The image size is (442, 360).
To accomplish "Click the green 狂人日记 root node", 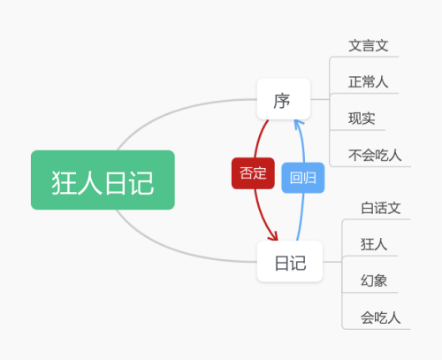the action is coord(103,180).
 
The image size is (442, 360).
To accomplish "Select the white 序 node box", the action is coord(284,99).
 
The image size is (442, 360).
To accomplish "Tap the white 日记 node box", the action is coord(290,262).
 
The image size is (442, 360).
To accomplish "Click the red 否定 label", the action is coord(253,173).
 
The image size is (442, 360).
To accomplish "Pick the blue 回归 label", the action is coord(303,178).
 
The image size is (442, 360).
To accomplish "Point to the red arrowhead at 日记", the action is coord(274,236).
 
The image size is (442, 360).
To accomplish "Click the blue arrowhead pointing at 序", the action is coord(299,124).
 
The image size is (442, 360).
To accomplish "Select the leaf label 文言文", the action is coord(369,46).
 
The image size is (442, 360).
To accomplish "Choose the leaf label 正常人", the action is coord(369,81).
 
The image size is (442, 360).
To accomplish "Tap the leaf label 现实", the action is coord(362,119).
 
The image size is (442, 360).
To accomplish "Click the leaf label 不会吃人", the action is coord(375,155).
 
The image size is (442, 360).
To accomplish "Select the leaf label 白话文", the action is coord(381,208).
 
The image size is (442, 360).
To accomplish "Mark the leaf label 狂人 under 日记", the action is coord(374,244).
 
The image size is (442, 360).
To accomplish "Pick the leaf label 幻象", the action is coord(374,280).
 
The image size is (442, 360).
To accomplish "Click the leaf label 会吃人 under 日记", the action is coord(381,318).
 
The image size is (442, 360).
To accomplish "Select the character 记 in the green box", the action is coord(141,183).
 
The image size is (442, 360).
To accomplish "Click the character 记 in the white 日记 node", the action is coord(298,263).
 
